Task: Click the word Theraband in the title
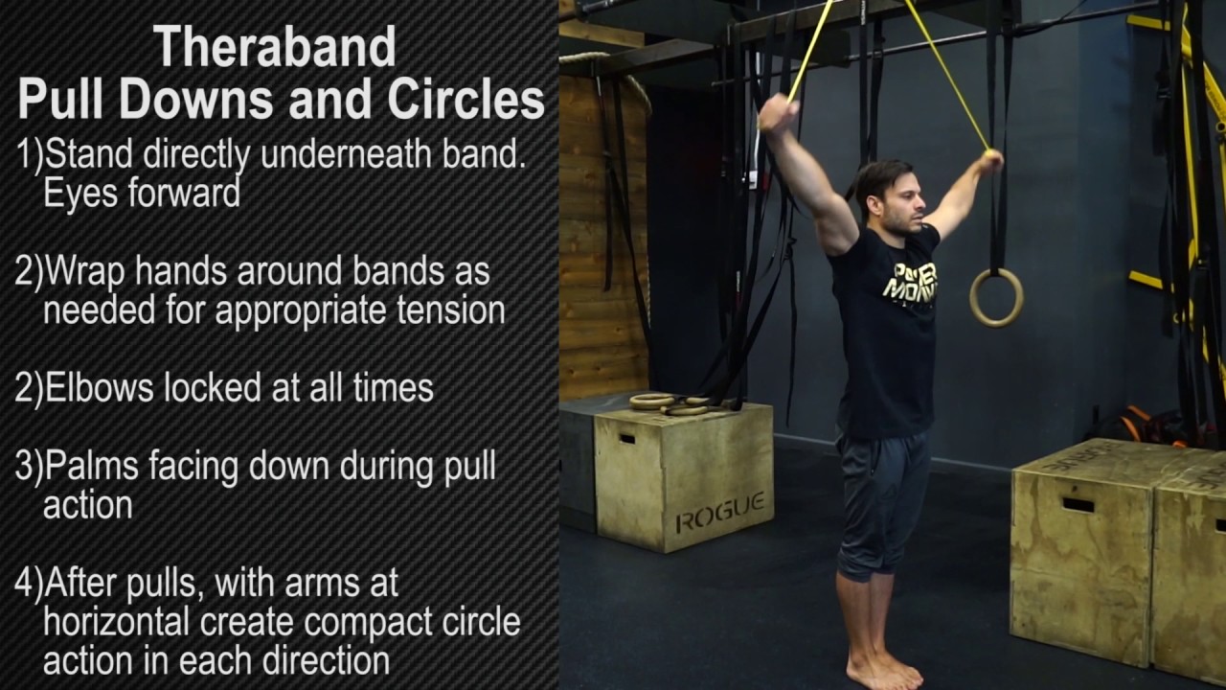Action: (x=274, y=46)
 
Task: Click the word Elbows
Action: (x=99, y=388)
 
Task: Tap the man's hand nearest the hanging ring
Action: (x=990, y=160)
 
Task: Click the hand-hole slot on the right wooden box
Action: (x=1078, y=504)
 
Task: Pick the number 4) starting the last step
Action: (x=29, y=583)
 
